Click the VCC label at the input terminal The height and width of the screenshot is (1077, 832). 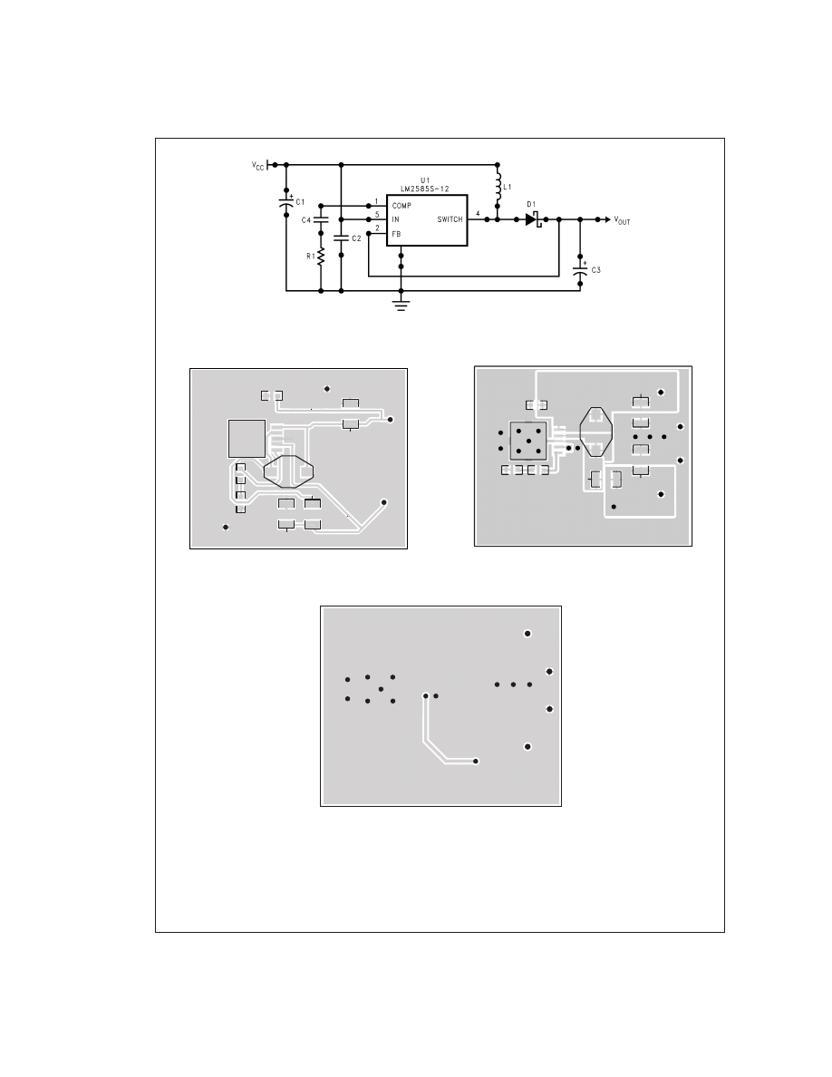point(257,166)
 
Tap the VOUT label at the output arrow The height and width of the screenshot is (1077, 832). point(622,220)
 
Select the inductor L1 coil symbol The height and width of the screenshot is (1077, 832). point(498,186)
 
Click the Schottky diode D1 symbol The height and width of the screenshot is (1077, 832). point(534,219)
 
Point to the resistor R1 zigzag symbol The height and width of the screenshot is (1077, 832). point(321,257)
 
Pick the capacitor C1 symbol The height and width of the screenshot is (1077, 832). point(286,203)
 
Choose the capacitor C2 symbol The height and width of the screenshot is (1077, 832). point(341,238)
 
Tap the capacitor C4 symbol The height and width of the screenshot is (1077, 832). point(321,219)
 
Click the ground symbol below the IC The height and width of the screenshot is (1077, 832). point(401,305)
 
